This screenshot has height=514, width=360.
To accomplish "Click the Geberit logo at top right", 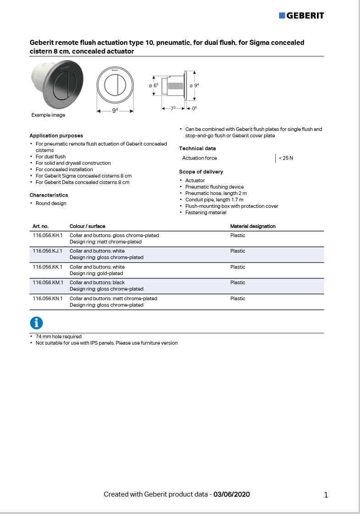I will (301, 16).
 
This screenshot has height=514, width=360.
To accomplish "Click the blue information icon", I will (36, 323).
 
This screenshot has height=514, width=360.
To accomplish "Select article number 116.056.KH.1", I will (47, 235).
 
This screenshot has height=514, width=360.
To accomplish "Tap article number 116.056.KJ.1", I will (47, 251).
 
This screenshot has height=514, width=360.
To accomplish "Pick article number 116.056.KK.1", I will (47, 267).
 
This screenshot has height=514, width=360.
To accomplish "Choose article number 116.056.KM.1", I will (48, 282).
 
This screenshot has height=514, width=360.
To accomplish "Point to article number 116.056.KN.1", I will (47, 298).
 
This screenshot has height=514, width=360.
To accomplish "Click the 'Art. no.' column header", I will (40, 226).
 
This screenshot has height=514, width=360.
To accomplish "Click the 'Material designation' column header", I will (253, 226).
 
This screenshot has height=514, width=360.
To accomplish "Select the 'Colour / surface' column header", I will (87, 226).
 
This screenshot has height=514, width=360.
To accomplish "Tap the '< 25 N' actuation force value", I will (286, 158).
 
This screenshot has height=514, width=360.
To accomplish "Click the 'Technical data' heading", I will (197, 148).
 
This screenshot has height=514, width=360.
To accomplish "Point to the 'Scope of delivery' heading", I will (201, 172).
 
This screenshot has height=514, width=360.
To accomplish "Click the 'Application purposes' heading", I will (56, 135).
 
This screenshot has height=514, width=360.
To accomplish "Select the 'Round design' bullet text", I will (51, 203).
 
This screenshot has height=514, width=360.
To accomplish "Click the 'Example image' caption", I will (48, 115).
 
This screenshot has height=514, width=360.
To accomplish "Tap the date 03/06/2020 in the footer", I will (231, 494).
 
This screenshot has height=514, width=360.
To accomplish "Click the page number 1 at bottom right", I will (326, 495).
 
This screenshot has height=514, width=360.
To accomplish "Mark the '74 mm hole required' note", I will (59, 336).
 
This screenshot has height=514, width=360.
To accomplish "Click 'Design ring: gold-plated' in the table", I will (96, 273).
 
